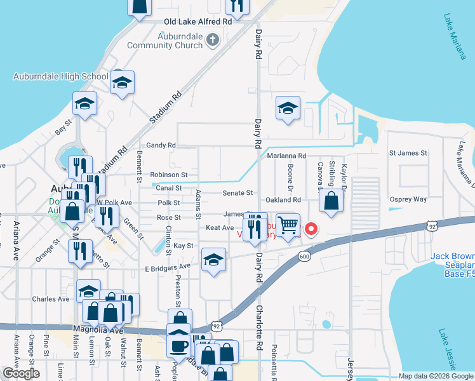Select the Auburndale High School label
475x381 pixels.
pyautogui.click(x=61, y=77)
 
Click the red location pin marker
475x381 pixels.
pyautogui.click(x=311, y=229)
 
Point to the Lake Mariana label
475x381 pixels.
pyautogui.click(x=455, y=37)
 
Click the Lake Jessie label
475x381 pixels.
pyautogui.click(x=446, y=349)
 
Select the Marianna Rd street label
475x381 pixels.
pyautogui.click(x=286, y=156)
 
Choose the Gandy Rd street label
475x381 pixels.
pyautogui.click(x=161, y=145)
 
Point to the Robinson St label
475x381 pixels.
pyautogui.click(x=169, y=175)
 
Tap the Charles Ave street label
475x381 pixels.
pyautogui.click(x=51, y=298)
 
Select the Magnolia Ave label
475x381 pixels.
pyautogui.click(x=98, y=330)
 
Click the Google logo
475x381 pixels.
pyautogui.click(x=22, y=373)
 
